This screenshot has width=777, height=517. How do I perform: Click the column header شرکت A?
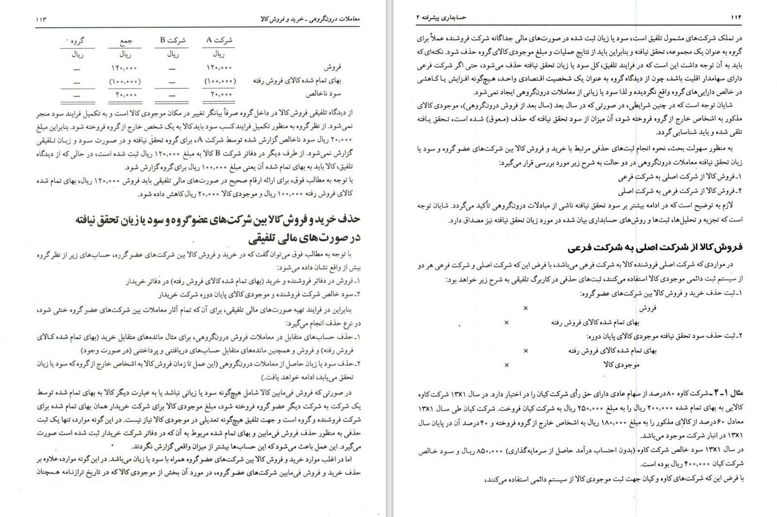(219, 40)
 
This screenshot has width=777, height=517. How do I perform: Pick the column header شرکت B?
(173, 40)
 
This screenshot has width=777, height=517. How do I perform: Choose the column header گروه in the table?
(77, 41)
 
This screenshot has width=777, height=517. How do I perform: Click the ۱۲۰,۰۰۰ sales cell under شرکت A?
(219, 68)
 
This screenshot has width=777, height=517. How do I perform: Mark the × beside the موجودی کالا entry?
(507, 365)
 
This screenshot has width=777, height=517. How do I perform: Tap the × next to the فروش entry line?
(525, 308)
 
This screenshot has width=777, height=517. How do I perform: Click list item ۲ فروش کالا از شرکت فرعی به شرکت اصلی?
(679, 191)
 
